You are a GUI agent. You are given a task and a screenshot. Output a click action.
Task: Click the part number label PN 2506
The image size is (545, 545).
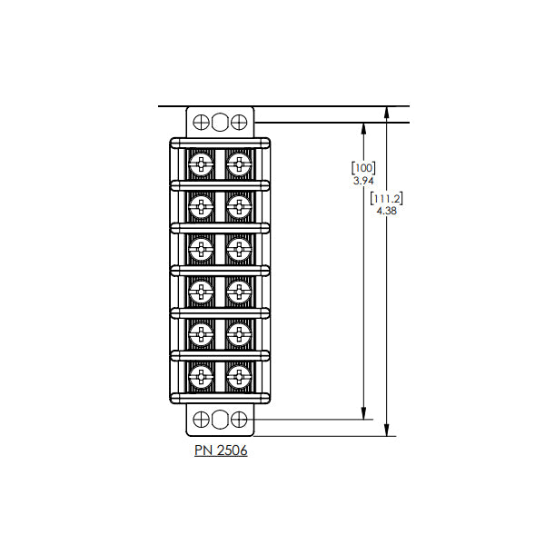click(221, 451)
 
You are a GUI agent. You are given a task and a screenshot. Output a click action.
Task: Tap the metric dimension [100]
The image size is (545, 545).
click(363, 168)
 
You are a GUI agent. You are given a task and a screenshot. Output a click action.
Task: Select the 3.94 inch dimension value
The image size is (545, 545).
click(363, 181)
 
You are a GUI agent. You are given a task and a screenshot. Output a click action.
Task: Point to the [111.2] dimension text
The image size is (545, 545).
click(387, 198)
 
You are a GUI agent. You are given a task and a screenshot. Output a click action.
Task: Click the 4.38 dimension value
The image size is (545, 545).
click(387, 211)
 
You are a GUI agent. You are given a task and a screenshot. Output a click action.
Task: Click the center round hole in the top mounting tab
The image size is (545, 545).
click(220, 123)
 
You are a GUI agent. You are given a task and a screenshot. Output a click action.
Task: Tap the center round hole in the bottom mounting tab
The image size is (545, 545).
click(220, 419)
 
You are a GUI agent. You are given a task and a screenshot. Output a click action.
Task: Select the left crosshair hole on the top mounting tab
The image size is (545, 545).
click(201, 123)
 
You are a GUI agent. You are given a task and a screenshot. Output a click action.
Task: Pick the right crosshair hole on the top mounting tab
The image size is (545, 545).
click(239, 123)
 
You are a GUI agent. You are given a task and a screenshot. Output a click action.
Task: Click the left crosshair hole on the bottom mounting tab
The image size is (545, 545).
click(201, 419)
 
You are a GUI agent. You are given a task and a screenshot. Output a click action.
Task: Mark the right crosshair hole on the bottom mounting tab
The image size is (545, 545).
click(239, 419)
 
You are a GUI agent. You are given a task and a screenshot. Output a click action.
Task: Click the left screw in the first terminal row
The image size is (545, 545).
click(202, 163)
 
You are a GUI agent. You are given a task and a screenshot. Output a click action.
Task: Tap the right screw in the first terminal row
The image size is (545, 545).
click(239, 163)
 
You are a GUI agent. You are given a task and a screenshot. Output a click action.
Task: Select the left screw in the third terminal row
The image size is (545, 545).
click(202, 249)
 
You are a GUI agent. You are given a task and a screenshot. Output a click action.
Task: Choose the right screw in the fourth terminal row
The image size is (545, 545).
click(239, 292)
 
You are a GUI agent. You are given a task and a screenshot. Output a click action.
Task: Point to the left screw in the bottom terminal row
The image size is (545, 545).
click(202, 376)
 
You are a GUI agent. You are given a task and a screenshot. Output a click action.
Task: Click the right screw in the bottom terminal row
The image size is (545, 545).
click(239, 376)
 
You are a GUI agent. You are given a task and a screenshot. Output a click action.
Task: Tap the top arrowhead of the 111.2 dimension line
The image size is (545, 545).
click(387, 113)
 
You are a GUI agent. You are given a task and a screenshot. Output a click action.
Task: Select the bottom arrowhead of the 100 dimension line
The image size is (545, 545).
click(363, 413)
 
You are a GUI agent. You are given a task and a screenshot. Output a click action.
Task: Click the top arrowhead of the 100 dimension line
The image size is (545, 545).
click(363, 129)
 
